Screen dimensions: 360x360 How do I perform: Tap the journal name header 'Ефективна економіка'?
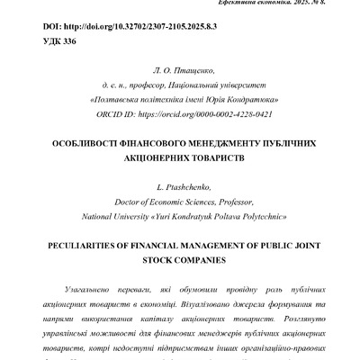pos(269,4)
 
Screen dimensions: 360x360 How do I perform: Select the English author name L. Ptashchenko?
pos(179,187)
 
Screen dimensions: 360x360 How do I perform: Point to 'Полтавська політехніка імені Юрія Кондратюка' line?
pos(180,100)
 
